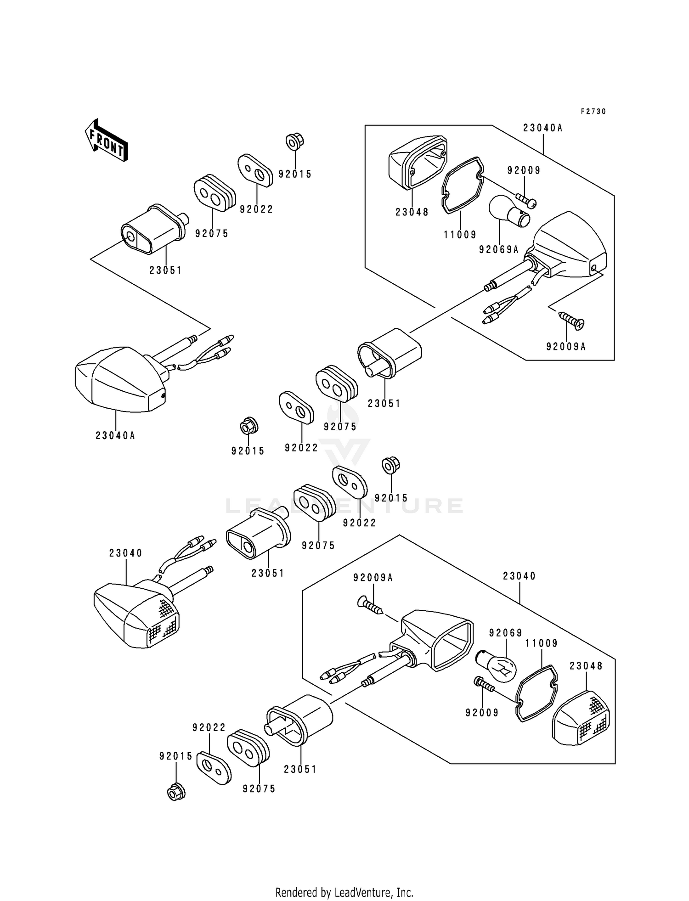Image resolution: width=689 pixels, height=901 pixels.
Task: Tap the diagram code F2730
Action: click(593, 112)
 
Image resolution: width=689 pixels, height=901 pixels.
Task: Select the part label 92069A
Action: click(498, 249)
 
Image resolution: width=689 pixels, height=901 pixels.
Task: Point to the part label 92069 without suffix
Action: click(505, 633)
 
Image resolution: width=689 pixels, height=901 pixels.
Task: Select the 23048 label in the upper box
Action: click(412, 212)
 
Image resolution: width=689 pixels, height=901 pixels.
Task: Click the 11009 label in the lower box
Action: click(542, 643)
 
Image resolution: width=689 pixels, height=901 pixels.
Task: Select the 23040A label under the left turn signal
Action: click(115, 435)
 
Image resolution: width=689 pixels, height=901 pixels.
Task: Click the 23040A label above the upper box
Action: click(542, 128)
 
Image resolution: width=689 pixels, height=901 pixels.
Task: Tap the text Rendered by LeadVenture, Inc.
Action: click(344, 879)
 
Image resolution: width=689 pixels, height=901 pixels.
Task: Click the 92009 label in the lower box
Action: click(482, 713)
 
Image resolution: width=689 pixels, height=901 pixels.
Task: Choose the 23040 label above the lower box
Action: click(520, 576)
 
